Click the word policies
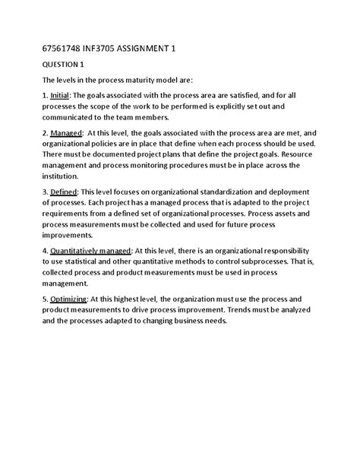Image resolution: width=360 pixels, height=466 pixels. pyautogui.click(x=104, y=163)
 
